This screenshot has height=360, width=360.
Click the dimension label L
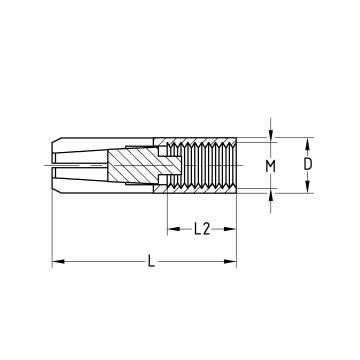[x=151, y=261]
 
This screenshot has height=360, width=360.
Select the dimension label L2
[x=202, y=229]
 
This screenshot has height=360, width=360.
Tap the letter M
[x=270, y=166]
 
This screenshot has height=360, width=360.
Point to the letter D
[x=308, y=164]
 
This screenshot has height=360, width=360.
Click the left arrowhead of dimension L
[x=58, y=261]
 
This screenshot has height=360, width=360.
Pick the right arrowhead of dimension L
[x=230, y=261]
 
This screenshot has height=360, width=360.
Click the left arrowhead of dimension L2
[x=174, y=229]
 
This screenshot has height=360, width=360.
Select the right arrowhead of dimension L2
[x=230, y=229]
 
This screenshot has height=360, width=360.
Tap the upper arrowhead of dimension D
[x=308, y=144]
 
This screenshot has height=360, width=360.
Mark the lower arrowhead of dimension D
[x=308, y=187]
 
